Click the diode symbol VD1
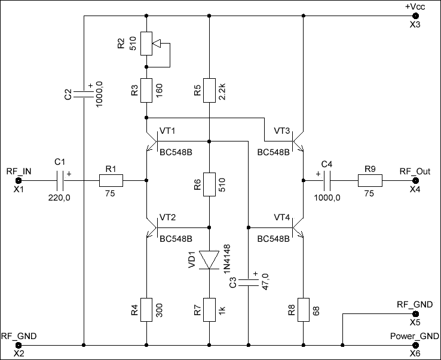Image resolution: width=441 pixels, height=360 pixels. pyautogui.click(x=209, y=260)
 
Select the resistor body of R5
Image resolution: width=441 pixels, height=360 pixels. pyautogui.click(x=209, y=90)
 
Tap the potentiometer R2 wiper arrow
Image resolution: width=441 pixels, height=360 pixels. pyautogui.click(x=157, y=44)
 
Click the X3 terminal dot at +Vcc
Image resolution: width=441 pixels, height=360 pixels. pyautogui.click(x=415, y=16)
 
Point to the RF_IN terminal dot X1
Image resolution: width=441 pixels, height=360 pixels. pyautogui.click(x=19, y=180)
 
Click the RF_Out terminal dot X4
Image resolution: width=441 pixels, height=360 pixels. pyautogui.click(x=415, y=180)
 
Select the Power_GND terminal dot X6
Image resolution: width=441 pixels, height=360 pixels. pyautogui.click(x=415, y=345)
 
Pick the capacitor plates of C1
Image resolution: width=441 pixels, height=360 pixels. pyautogui.click(x=60, y=180)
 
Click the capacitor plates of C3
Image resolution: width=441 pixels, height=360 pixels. pyautogui.click(x=248, y=283)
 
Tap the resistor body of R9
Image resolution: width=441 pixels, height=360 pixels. pyautogui.click(x=370, y=180)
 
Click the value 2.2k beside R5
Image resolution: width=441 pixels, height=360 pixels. pyautogui.click(x=222, y=91)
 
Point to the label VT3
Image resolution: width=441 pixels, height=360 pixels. pyautogui.click(x=281, y=131)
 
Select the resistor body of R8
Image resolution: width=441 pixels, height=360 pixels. pyautogui.click(x=304, y=310)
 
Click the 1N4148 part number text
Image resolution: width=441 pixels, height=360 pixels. pyautogui.click(x=226, y=259)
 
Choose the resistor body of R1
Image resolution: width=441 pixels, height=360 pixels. pyautogui.click(x=111, y=180)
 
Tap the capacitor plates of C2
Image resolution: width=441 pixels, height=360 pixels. pyautogui.click(x=84, y=94)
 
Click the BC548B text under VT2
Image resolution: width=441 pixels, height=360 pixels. pyautogui.click(x=176, y=239)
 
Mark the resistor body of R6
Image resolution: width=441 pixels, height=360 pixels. pyautogui.click(x=209, y=184)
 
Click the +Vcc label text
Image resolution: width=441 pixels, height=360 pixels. pyautogui.click(x=415, y=7)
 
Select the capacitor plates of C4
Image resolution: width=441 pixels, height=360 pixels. pyautogui.click(x=327, y=180)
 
